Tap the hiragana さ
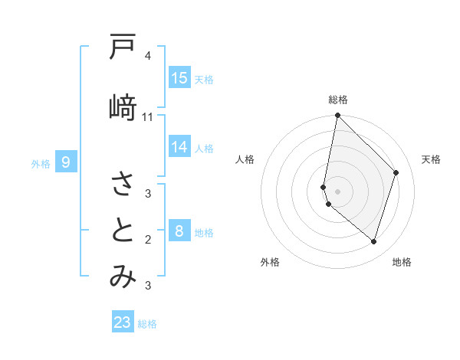[123, 184]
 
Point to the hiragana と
[123, 231]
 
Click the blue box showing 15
[179, 78]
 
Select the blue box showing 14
[179, 147]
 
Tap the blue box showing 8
[179, 231]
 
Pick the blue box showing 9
[66, 162]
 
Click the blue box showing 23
[123, 322]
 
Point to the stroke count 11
[148, 116]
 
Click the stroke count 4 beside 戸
[148, 56]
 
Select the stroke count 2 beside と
[148, 240]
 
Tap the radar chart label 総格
[338, 100]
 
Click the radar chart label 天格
[431, 159]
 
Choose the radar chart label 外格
[269, 262]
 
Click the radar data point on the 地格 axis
[373, 241]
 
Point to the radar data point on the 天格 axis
[396, 172]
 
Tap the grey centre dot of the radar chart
[338, 191]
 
